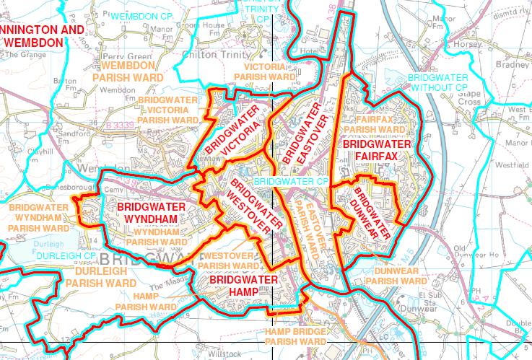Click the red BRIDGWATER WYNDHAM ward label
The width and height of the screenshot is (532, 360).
coord(150,213)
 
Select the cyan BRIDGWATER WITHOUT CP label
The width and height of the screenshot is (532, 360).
coord(437,82)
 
